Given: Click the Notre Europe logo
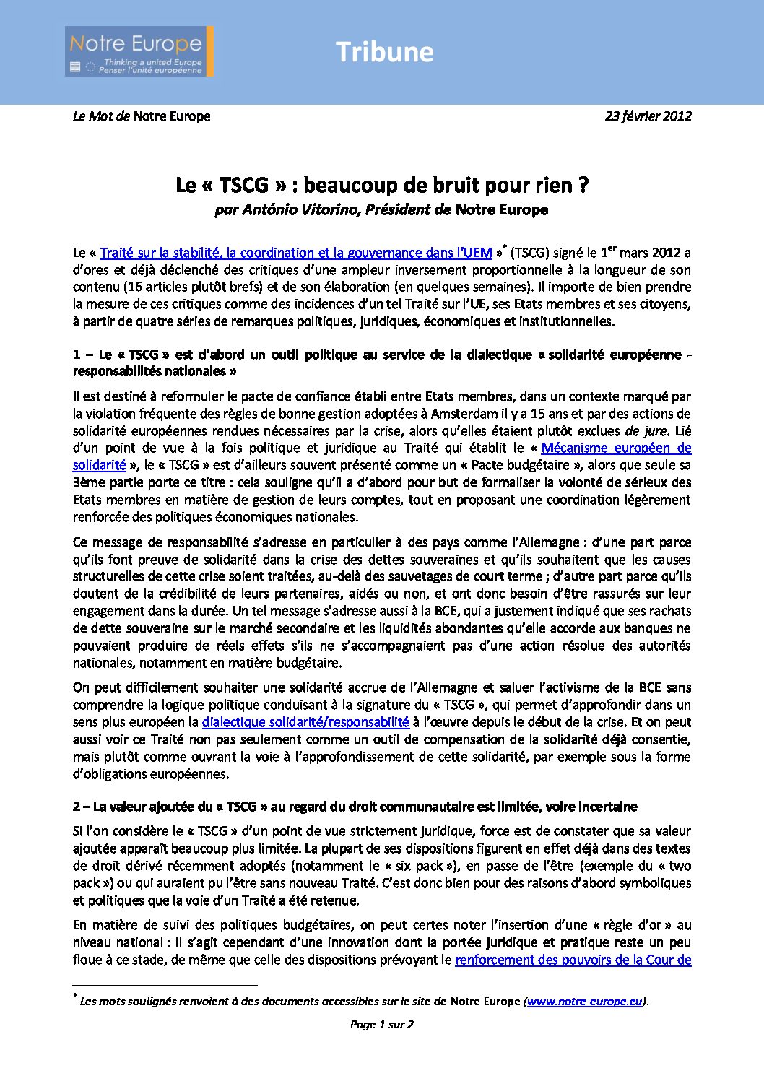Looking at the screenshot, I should point(139,51).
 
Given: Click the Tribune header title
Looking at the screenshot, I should point(384,52).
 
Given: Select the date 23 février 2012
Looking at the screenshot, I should point(648,116).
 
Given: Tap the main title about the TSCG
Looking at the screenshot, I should point(382,186).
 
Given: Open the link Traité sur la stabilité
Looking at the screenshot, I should point(295,253).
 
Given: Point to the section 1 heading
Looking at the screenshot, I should point(382,362).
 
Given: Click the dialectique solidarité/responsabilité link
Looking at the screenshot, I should point(305,722).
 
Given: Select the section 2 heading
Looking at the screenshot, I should point(355,807).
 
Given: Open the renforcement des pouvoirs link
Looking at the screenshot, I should point(573,960).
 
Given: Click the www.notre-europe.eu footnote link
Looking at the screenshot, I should point(585,1002).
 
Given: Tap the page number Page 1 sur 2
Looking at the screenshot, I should point(381,1024).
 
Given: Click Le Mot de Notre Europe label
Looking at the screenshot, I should point(142,116).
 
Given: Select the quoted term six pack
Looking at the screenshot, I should point(429,866).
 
